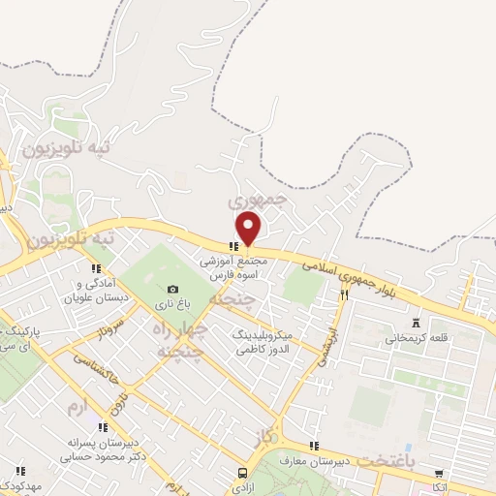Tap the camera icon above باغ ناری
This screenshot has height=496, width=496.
(x=172, y=289)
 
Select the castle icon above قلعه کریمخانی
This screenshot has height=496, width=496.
(x=417, y=323)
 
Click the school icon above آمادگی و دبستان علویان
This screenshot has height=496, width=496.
(x=95, y=268)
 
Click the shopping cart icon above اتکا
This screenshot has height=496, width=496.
(x=441, y=473)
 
